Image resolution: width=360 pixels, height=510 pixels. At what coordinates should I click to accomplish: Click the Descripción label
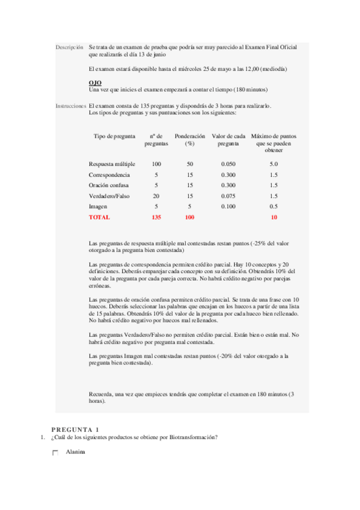coord(69,46)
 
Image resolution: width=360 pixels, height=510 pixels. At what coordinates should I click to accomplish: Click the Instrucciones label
coord(70,106)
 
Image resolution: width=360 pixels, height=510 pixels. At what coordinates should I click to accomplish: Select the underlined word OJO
coord(94,83)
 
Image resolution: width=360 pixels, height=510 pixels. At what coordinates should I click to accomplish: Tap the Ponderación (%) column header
coord(189,140)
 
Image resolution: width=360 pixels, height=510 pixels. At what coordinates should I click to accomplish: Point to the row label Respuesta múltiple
coord(112,164)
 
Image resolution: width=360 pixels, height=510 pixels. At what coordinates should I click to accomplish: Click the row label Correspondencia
coord(109,174)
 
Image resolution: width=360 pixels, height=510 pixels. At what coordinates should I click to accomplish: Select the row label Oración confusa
coord(109,185)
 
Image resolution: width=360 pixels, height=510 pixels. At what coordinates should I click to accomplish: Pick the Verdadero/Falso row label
coord(109,196)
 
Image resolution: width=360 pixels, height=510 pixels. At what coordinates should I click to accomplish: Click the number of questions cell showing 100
coord(156,164)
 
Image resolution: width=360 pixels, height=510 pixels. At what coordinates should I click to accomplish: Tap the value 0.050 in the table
coord(228,164)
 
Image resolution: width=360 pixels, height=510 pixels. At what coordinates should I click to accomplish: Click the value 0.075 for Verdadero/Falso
coord(228,196)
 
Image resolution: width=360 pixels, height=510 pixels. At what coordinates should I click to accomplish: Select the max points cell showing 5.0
coord(273,164)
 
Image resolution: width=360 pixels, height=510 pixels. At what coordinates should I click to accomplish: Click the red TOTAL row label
coord(99,217)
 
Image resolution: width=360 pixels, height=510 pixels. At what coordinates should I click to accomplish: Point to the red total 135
coord(156,217)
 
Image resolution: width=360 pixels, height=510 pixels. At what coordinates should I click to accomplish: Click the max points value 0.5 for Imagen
coord(273,206)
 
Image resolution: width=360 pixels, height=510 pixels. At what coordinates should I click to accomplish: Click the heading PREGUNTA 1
coord(75,429)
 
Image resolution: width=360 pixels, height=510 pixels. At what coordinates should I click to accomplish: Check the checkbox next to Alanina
coord(55,453)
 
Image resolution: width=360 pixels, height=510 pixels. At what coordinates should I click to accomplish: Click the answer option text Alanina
coord(76,452)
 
